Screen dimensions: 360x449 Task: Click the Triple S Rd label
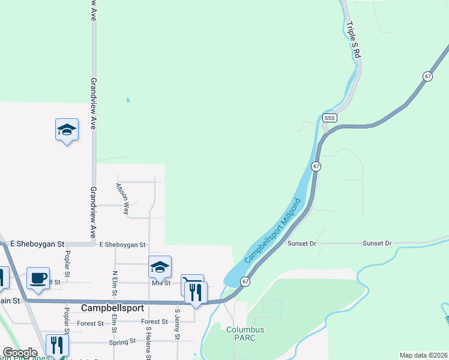[354, 41]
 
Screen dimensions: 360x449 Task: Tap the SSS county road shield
[330, 118]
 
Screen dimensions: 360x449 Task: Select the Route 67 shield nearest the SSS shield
[316, 166]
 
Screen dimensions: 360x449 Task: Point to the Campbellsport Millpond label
[273, 230]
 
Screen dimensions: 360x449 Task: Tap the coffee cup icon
[38, 278]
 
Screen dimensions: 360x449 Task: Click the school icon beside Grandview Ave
[67, 130]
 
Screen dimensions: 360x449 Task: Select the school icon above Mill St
[160, 267]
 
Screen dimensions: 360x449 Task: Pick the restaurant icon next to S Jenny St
[196, 292]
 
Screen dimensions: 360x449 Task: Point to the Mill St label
[161, 283]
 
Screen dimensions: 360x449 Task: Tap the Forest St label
[91, 323]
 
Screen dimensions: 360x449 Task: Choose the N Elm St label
[114, 283]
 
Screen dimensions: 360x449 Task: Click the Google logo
[20, 353]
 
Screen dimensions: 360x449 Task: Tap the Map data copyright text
[423, 355]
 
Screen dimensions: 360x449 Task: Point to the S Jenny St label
[177, 324]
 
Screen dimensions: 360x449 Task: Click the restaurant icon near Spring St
[58, 345]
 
